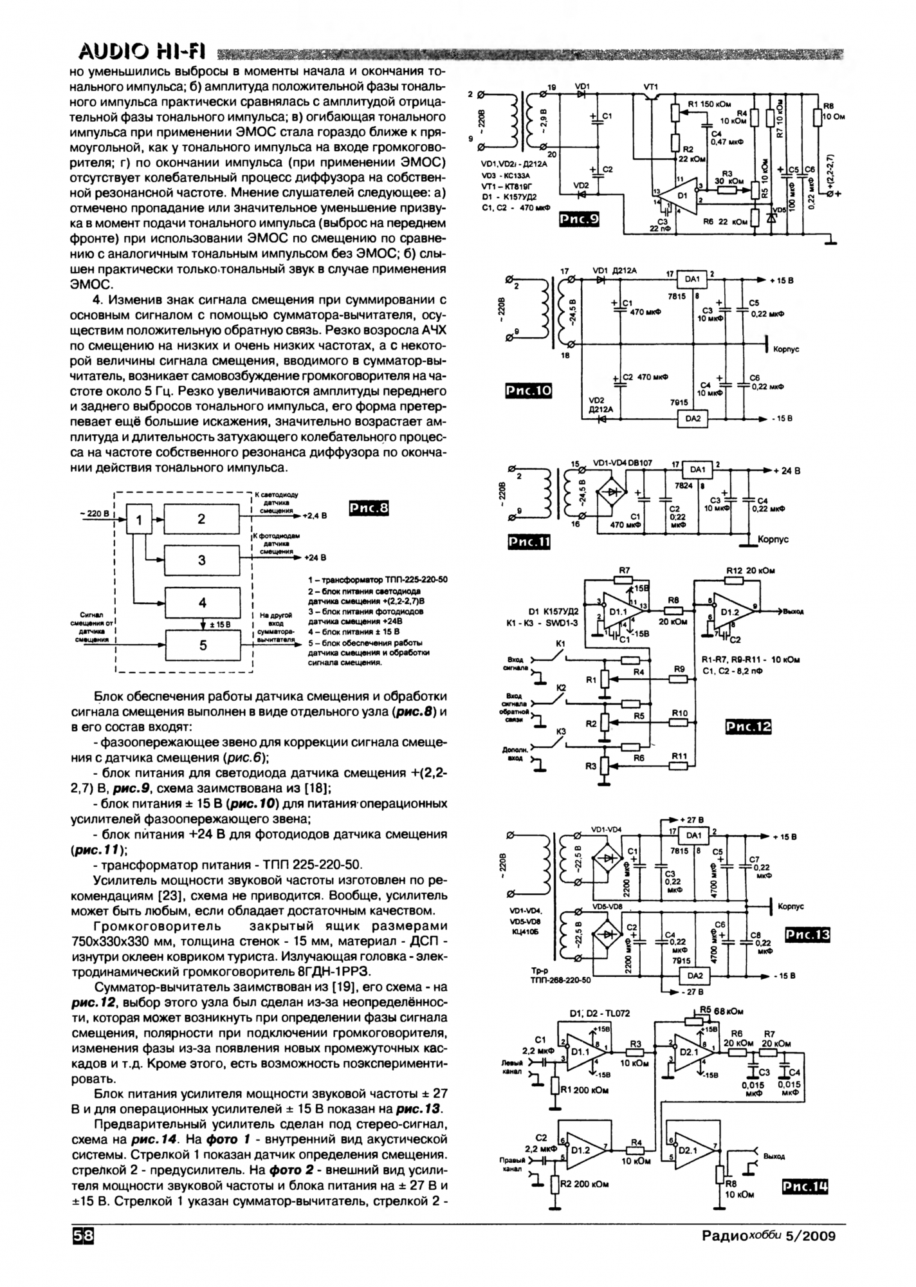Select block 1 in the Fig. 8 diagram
click(x=140, y=519)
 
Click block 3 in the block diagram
click(x=202, y=560)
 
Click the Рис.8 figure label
click(x=368, y=509)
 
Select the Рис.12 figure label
click(x=747, y=727)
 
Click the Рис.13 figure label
click(x=807, y=935)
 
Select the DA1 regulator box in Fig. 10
click(x=692, y=279)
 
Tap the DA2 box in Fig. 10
click(x=692, y=418)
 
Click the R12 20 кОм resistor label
click(x=750, y=570)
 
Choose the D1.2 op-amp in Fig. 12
click(x=728, y=611)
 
